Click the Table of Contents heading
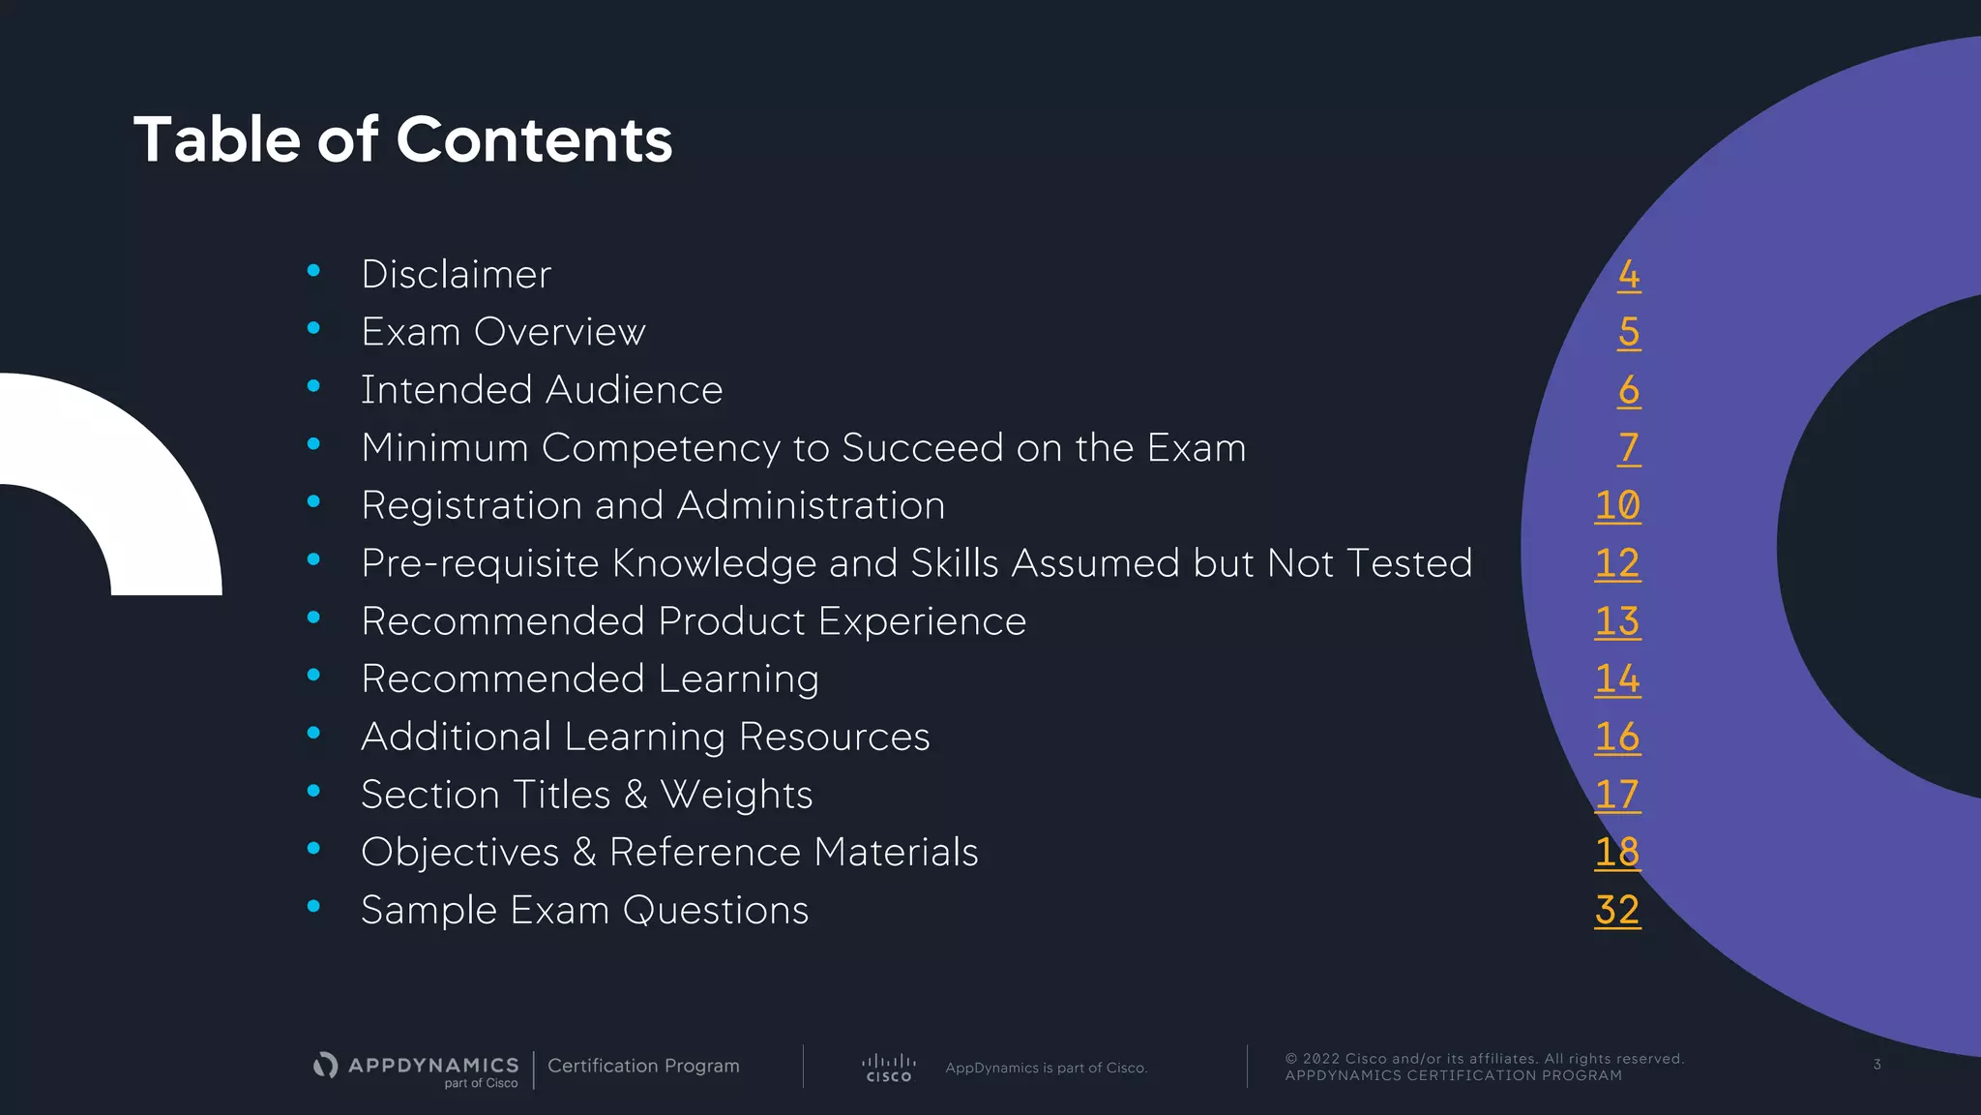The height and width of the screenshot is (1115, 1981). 402,139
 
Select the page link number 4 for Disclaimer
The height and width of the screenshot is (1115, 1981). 1629,275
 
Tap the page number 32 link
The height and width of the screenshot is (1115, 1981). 1617,910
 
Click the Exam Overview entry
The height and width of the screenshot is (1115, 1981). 503,332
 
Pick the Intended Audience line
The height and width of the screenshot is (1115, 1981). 542,390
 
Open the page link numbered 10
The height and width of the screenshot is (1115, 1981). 1617,505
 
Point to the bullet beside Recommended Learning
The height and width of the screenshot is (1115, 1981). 313,676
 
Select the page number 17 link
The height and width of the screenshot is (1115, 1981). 1617,795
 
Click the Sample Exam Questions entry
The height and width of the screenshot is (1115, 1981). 584,911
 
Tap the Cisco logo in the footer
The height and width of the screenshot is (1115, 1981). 888,1068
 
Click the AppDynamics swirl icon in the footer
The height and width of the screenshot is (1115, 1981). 326,1066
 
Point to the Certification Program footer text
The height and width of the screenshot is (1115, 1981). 643,1066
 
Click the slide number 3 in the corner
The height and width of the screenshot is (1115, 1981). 1877,1065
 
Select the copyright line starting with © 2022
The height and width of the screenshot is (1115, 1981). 1484,1059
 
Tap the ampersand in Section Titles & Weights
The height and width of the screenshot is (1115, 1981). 636,795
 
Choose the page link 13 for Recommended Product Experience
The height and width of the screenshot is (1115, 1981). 1617,621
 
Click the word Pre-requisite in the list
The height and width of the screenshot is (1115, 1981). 480,563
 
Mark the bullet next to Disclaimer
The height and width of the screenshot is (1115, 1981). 313,271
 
